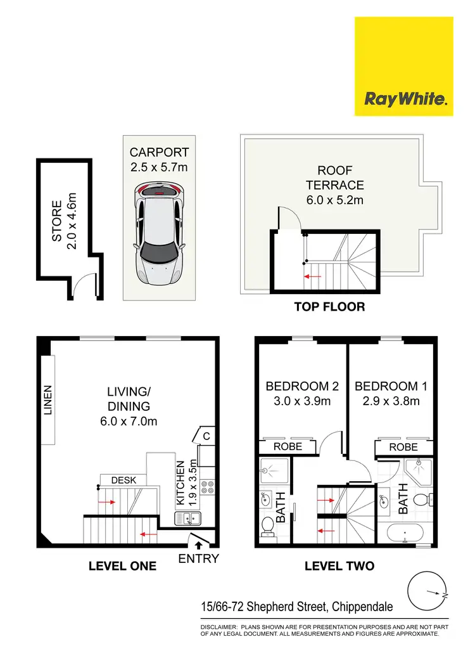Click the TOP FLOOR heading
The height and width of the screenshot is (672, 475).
tap(329, 307)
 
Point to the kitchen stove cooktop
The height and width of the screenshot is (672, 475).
tap(208, 487)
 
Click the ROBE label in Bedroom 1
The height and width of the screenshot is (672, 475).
tap(403, 447)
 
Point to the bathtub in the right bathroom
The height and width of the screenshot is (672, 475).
tap(405, 534)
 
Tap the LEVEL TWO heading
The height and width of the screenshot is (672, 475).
tap(339, 565)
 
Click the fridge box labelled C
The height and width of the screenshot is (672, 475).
tap(206, 436)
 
